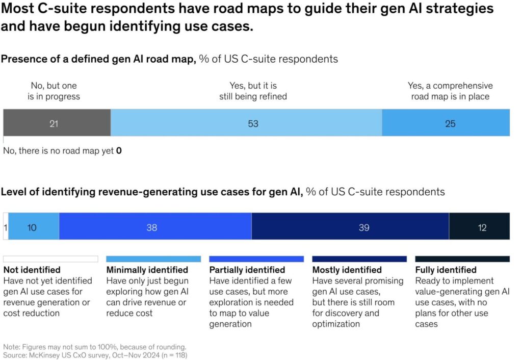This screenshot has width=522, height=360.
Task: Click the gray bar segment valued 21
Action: (x=57, y=123)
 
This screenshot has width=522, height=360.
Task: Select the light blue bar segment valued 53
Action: (x=246, y=123)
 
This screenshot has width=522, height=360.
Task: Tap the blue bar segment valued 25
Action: (x=446, y=123)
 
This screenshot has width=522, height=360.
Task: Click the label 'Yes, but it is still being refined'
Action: (x=253, y=91)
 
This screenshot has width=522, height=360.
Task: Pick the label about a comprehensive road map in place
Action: (x=450, y=91)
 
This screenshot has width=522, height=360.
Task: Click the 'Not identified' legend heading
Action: (x=32, y=270)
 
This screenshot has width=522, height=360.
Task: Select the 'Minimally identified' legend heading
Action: (x=147, y=270)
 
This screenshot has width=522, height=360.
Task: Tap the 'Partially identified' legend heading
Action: (x=247, y=270)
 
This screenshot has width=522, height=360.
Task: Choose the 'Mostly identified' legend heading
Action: (x=347, y=270)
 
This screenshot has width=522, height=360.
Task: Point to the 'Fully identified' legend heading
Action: (x=446, y=270)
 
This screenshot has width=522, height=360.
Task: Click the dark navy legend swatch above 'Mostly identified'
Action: (x=359, y=259)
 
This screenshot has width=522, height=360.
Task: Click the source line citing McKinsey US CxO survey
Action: (x=95, y=354)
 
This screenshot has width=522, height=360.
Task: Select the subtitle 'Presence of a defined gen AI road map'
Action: (x=98, y=59)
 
